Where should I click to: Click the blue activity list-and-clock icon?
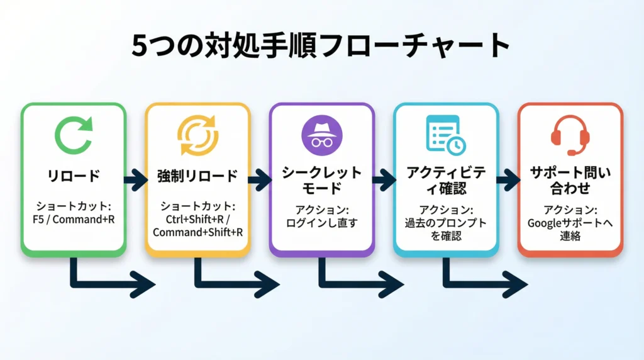[445, 133]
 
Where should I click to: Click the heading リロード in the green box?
[74, 176]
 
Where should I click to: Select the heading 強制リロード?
[197, 176]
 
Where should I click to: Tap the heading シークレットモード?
[321, 179]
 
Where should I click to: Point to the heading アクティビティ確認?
[445, 179]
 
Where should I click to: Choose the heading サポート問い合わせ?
[570, 179]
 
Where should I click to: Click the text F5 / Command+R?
[74, 221]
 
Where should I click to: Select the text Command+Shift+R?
[197, 232]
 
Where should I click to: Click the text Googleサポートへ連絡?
[570, 229]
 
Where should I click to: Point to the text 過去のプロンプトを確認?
[445, 229]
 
